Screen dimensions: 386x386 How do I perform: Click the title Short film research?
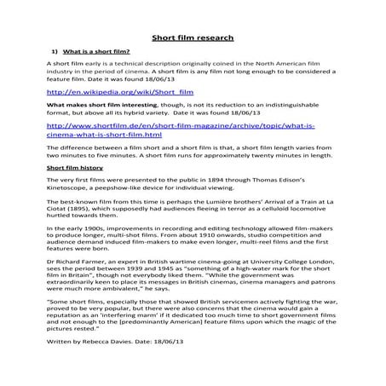tap(193, 37)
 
